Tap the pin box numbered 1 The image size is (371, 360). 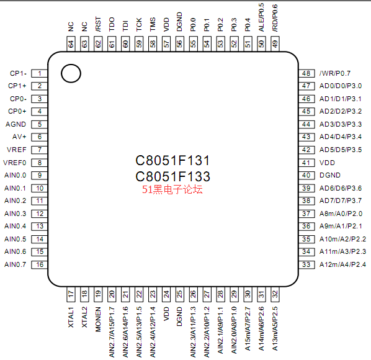[40, 73]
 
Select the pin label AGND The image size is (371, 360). [16, 124]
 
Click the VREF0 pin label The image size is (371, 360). [15, 163]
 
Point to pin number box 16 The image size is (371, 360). [40, 264]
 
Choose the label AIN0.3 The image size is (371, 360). [15, 214]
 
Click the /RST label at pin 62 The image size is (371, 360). [98, 24]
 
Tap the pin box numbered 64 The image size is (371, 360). [71, 44]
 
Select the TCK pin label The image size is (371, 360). [139, 24]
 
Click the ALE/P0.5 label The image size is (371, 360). [261, 17]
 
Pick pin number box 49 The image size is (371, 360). [275, 44]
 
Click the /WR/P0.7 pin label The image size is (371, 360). [335, 73]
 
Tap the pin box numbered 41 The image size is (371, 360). [306, 163]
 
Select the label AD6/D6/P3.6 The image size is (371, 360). [341, 188]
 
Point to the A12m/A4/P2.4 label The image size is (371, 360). [342, 264]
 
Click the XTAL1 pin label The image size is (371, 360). [71, 317]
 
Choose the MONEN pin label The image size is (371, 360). [98, 319]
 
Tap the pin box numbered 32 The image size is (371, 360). [275, 294]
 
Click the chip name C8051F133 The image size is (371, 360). [172, 176]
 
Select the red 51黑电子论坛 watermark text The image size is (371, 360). [172, 189]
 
